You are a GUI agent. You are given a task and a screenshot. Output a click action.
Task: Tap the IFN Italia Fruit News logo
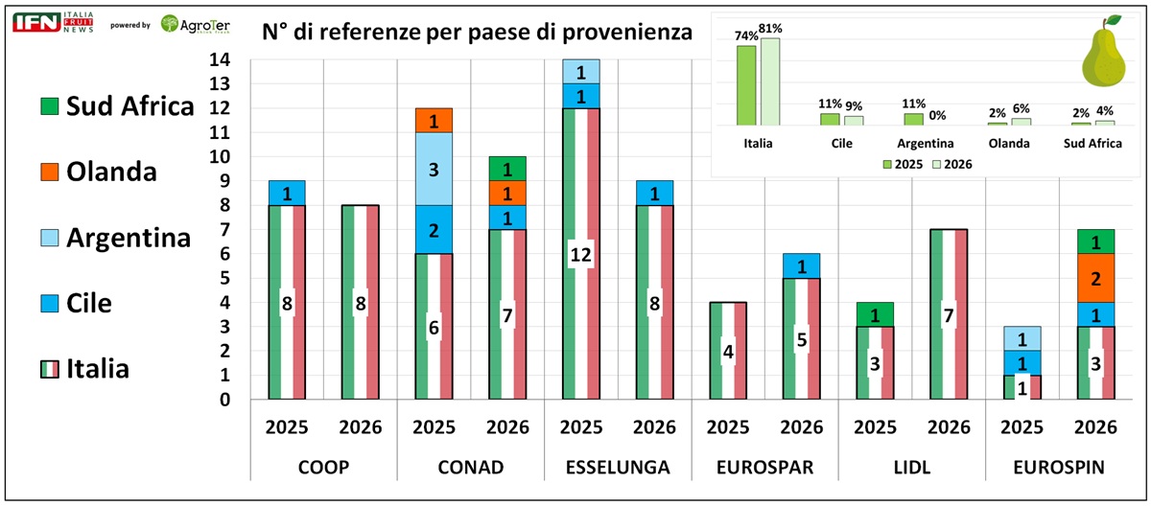(x=54, y=23)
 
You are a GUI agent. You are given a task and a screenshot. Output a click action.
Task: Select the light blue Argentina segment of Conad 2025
(x=434, y=169)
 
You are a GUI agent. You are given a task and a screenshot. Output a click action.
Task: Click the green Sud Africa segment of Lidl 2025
(x=875, y=314)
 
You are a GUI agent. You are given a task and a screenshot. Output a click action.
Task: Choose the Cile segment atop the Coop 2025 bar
(x=287, y=193)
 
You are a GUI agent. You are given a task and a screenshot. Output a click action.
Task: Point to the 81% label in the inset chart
(x=770, y=29)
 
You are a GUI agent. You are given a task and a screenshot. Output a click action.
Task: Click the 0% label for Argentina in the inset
(x=938, y=115)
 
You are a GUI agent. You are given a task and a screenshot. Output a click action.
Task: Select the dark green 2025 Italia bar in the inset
(x=746, y=85)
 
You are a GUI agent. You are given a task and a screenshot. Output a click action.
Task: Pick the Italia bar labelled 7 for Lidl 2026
(x=949, y=314)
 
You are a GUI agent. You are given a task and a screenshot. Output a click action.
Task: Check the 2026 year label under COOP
(x=361, y=427)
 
